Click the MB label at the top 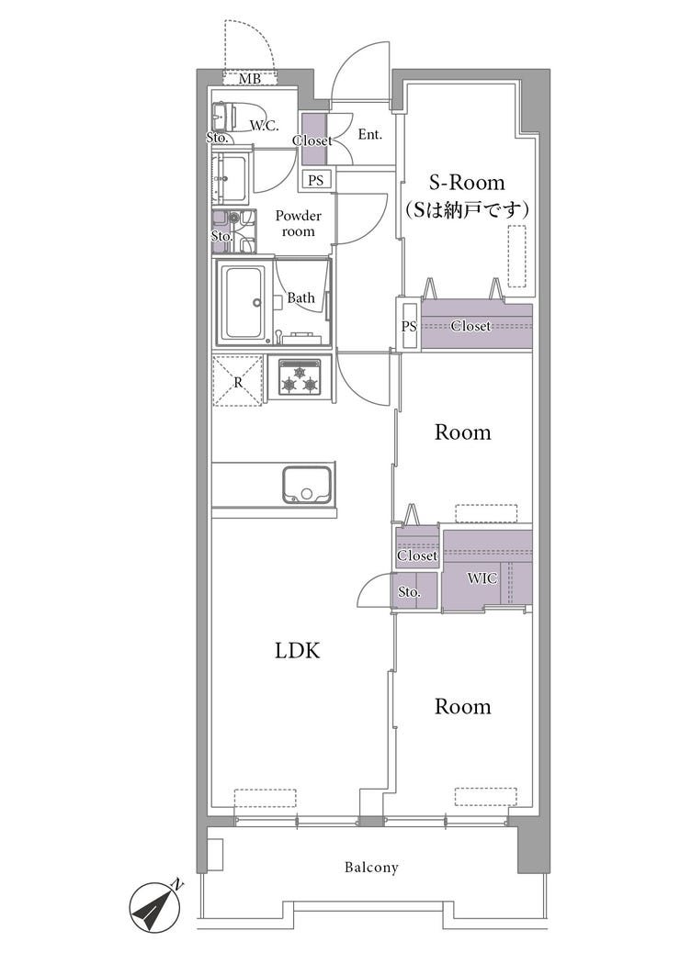(249, 79)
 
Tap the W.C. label (265, 126)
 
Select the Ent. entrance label (369, 134)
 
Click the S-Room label (467, 183)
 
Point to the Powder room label (298, 224)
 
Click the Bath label (301, 297)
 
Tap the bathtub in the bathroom (244, 302)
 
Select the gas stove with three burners (300, 377)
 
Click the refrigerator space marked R (238, 382)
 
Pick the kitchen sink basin (307, 485)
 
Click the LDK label (298, 652)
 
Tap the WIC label (482, 578)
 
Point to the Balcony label (371, 868)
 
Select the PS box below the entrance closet (316, 181)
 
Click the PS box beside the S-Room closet (409, 326)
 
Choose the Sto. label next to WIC (409, 591)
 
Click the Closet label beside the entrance (312, 140)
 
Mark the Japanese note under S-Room (467, 209)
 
